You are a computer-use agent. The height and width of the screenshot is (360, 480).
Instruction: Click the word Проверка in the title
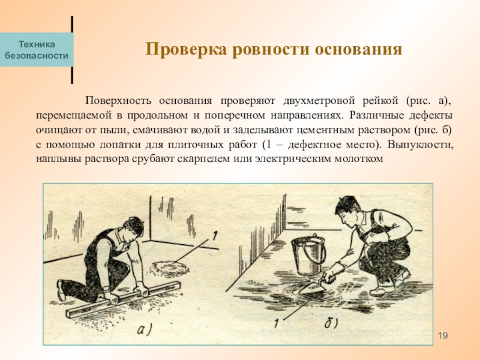click(186, 49)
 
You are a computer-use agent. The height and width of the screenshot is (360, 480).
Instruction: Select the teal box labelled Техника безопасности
click(37, 50)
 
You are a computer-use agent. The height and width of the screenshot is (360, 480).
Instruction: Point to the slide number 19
click(443, 335)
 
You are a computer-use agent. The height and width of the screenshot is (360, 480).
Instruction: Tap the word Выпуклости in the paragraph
click(420, 145)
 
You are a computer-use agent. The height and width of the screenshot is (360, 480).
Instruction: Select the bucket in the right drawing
click(308, 256)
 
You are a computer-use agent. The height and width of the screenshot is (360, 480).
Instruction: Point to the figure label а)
click(145, 329)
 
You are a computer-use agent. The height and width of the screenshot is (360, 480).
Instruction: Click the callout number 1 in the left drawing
click(215, 236)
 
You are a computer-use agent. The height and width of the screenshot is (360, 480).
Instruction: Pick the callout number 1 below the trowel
click(277, 323)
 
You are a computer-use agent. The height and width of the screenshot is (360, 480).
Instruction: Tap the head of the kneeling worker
click(134, 229)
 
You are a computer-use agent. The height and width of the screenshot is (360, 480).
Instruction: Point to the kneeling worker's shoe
click(61, 290)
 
